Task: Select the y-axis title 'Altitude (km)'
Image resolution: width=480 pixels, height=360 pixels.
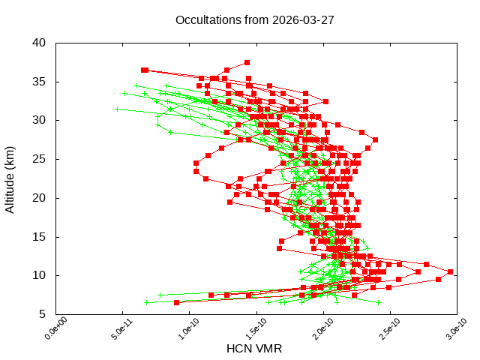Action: pyautogui.click(x=10, y=178)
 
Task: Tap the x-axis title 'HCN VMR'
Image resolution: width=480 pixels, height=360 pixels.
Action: pyautogui.click(x=254, y=349)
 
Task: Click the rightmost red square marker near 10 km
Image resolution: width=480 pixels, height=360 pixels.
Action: pyautogui.click(x=450, y=271)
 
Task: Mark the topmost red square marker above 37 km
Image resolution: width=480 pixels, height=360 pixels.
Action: pyautogui.click(x=247, y=62)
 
